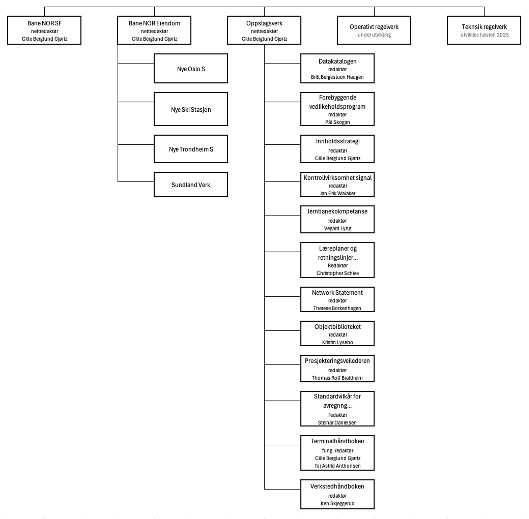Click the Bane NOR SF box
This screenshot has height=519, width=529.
(x=44, y=30)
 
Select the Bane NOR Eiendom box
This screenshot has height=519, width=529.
(x=154, y=30)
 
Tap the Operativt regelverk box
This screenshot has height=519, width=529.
(x=374, y=30)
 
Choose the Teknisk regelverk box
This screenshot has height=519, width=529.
(x=484, y=30)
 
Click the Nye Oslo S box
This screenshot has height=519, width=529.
(x=191, y=68)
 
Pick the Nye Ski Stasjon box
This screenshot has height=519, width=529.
(x=191, y=109)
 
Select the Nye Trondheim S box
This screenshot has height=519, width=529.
(x=191, y=149)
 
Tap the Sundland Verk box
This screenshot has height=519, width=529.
(x=191, y=185)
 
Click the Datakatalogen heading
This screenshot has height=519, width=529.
(x=338, y=61)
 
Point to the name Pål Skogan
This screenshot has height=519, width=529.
(x=338, y=122)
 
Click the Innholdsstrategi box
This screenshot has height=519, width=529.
(x=338, y=149)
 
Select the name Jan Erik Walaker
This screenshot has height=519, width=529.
(x=338, y=194)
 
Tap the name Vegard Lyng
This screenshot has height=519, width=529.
(x=338, y=229)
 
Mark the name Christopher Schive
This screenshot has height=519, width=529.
(x=338, y=273)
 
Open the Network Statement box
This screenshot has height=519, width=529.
(x=338, y=300)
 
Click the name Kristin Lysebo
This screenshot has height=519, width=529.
(x=338, y=343)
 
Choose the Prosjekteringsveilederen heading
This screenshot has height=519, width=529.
(x=338, y=361)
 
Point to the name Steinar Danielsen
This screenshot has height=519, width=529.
(x=338, y=423)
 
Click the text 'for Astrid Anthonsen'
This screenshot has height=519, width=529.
(x=338, y=466)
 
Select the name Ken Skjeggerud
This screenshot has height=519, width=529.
(x=338, y=503)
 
